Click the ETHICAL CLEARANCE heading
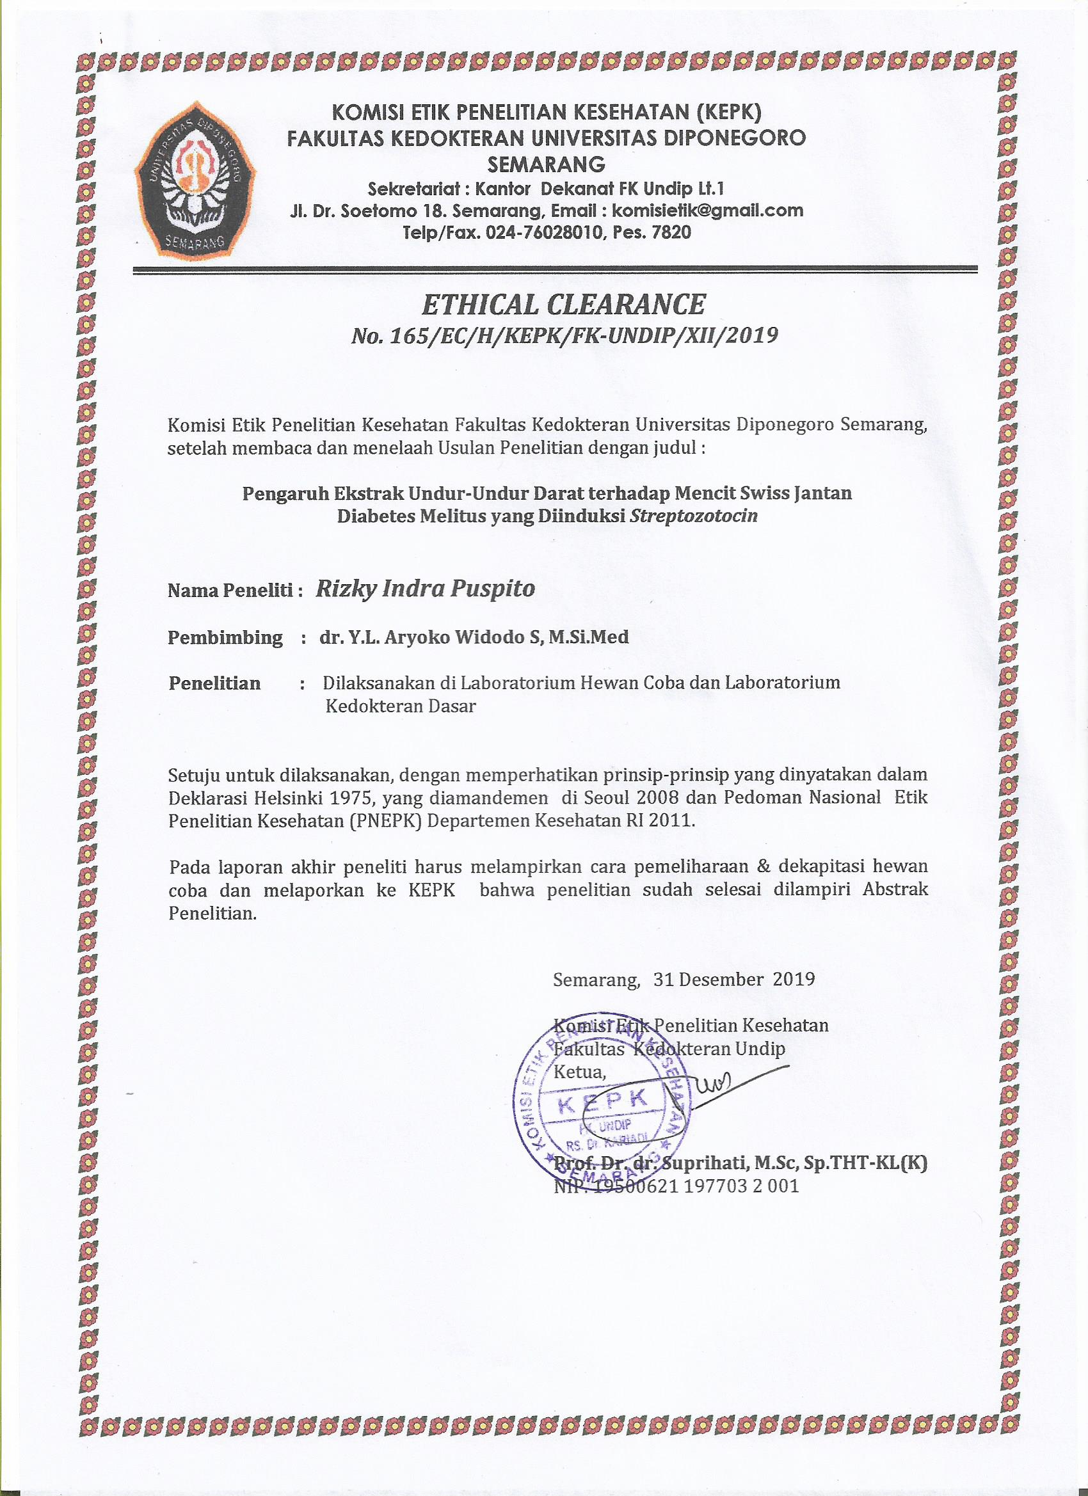[x=563, y=305]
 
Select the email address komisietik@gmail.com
[x=707, y=211]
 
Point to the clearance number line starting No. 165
[x=564, y=337]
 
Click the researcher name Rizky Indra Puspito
[x=426, y=589]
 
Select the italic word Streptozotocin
[x=694, y=516]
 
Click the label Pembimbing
[x=225, y=637]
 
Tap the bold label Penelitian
[x=214, y=683]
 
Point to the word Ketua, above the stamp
[x=579, y=1072]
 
